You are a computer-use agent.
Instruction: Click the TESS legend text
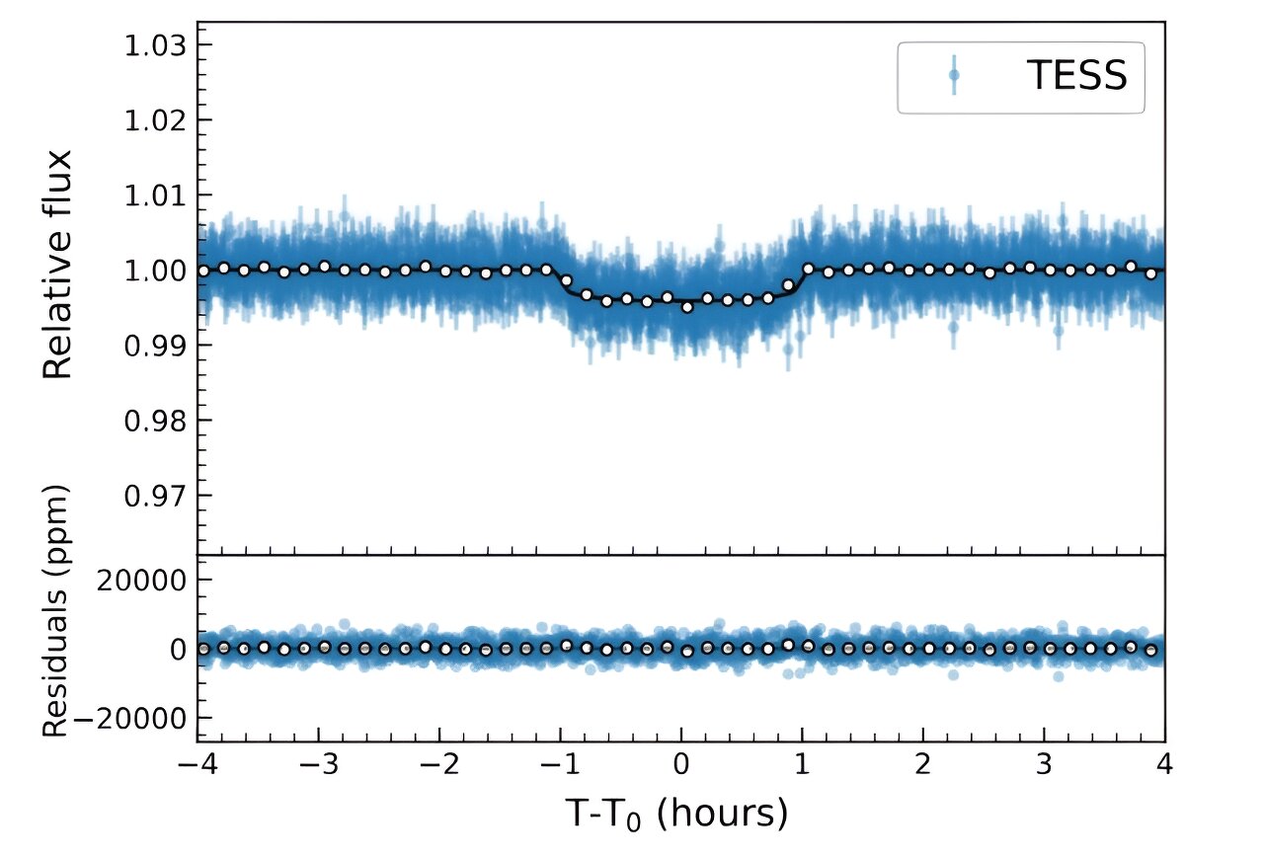(x=1076, y=76)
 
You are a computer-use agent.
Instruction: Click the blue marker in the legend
(x=954, y=75)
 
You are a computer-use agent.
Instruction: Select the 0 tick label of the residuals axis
(x=176, y=649)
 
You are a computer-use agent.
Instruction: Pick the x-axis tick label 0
(x=681, y=767)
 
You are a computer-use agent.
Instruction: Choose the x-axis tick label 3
(x=1044, y=767)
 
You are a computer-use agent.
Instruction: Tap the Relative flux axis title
(x=59, y=265)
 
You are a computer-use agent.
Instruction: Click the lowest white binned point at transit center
(x=687, y=307)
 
